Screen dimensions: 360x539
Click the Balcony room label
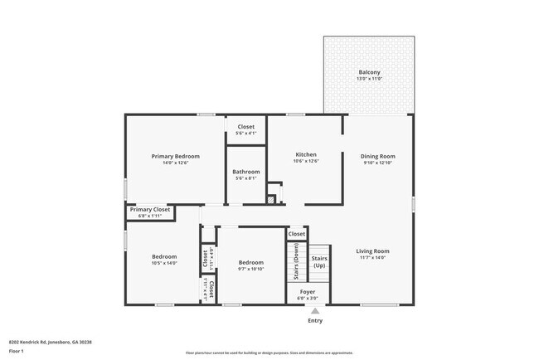pyautogui.click(x=369, y=72)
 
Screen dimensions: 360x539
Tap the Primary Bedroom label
pyautogui.click(x=175, y=156)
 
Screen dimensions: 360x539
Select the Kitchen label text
pyautogui.click(x=306, y=154)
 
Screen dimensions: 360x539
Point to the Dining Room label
pyautogui.click(x=377, y=156)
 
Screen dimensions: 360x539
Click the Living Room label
pyautogui.click(x=372, y=251)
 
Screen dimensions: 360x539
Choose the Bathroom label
pyautogui.click(x=245, y=172)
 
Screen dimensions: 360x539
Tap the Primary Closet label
pyautogui.click(x=150, y=209)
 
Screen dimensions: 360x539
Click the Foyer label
pyautogui.click(x=308, y=292)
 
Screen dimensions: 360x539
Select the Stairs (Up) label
pyautogui.click(x=319, y=261)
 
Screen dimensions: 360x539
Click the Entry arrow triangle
pyautogui.click(x=314, y=311)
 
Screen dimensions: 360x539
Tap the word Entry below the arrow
pyautogui.click(x=315, y=321)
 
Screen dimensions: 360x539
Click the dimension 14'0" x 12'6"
pyautogui.click(x=175, y=163)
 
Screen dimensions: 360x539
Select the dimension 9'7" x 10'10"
pyautogui.click(x=250, y=269)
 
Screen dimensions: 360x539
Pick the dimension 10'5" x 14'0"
pyautogui.click(x=164, y=263)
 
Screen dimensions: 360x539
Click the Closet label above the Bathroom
pyautogui.click(x=245, y=127)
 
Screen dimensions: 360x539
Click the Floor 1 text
pyautogui.click(x=17, y=352)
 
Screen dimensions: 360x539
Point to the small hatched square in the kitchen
pyautogui.click(x=270, y=199)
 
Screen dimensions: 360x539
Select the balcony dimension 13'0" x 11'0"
pyautogui.click(x=369, y=79)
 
